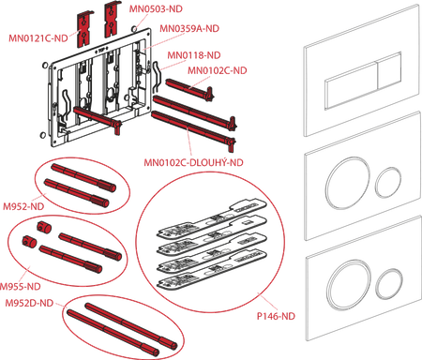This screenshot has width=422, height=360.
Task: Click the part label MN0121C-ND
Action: [38, 38]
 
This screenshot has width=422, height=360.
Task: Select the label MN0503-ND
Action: [156, 8]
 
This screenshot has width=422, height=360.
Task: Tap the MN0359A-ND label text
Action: [189, 28]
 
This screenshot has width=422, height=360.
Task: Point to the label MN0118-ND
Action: [194, 55]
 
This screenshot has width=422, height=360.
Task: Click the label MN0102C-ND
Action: [218, 70]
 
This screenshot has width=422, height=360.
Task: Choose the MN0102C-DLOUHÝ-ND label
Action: [193, 162]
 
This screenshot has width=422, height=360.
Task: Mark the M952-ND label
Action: [23, 206]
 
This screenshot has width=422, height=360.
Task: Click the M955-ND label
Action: [20, 287]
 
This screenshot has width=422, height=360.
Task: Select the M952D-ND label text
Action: [29, 303]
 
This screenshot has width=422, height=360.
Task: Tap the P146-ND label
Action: [276, 316]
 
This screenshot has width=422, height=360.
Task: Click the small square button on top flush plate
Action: [389, 70]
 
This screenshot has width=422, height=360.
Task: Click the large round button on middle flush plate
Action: [347, 183]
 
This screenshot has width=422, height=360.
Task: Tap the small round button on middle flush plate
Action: [388, 182]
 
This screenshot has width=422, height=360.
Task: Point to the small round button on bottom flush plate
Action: [389, 283]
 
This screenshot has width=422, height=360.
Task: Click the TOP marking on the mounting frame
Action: [101, 50]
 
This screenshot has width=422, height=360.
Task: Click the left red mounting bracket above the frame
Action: [84, 29]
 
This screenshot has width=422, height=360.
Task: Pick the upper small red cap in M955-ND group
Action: [43, 227]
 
